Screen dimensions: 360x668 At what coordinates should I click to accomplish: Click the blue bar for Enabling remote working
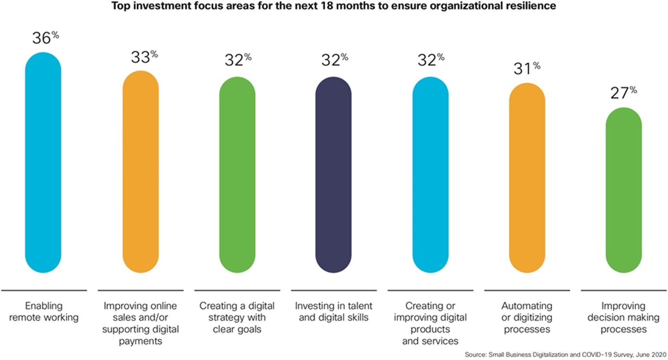click(43, 162)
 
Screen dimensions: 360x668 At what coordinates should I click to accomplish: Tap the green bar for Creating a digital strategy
click(237, 175)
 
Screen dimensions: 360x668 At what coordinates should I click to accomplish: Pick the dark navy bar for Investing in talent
click(334, 175)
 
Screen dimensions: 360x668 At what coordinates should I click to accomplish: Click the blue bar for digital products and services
click(430, 175)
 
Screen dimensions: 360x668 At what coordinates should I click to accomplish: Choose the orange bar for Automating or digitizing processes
click(527, 178)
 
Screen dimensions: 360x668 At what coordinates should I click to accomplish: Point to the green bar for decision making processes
click(624, 190)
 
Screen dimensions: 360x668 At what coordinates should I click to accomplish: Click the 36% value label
click(45, 38)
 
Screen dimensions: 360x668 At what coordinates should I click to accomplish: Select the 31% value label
click(527, 69)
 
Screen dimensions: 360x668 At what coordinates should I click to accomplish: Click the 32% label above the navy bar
click(334, 60)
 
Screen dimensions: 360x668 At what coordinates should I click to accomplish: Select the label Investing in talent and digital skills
click(334, 312)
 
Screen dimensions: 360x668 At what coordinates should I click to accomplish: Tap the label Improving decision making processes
click(623, 318)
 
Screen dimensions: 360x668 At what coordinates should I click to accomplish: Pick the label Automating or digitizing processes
click(527, 318)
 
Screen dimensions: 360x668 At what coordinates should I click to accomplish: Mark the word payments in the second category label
click(141, 341)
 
